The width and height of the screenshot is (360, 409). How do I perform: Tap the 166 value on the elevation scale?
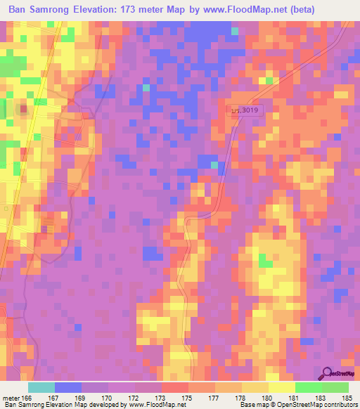pyautogui.click(x=27, y=397)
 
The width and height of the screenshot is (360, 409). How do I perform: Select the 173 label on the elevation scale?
pyautogui.click(x=162, y=397)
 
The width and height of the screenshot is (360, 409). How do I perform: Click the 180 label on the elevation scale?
pyautogui.click(x=268, y=397)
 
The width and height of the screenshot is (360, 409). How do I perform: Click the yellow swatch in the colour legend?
pyautogui.click(x=281, y=387)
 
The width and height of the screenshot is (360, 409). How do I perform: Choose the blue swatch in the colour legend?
pyautogui.click(x=67, y=387)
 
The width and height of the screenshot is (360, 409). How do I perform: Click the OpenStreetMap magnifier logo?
pyautogui.click(x=327, y=372)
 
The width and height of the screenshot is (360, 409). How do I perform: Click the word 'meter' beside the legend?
pyautogui.click(x=11, y=397)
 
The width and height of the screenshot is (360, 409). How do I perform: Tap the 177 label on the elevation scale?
pyautogui.click(x=214, y=397)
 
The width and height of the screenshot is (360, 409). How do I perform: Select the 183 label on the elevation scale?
pyautogui.click(x=321, y=397)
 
